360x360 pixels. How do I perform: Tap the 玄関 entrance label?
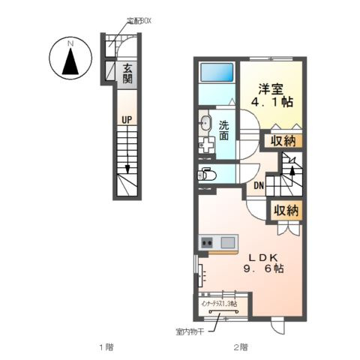coord(127,73)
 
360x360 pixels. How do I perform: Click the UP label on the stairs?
coord(127,118)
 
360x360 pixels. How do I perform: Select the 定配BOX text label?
coord(137,21)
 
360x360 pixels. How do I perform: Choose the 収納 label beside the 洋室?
coord(283,140)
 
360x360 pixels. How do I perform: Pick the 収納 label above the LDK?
coord(286,211)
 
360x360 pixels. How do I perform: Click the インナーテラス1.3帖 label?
coord(219,304)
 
